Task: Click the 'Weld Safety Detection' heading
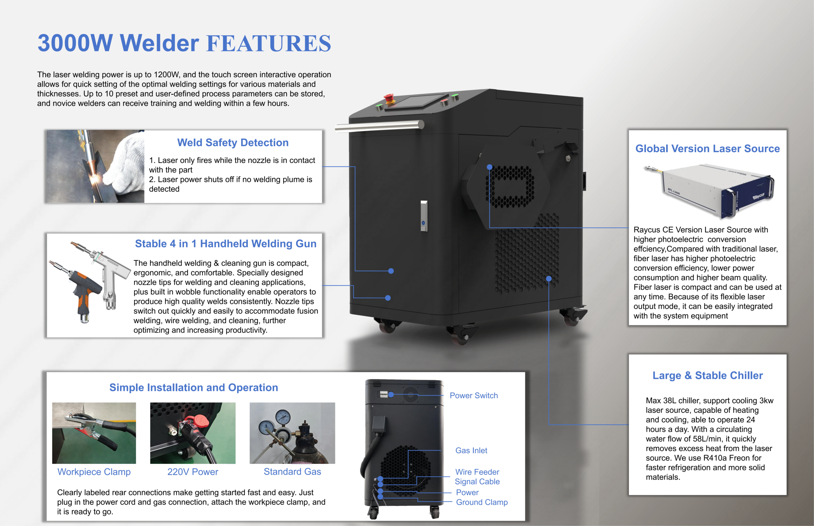pos(233,142)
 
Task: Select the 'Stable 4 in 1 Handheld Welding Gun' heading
pos(226,244)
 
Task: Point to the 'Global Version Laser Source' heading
pos(707,149)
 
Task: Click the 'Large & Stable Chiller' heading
pos(707,375)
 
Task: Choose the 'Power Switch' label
pos(473,395)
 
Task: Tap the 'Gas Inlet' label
pos(471,450)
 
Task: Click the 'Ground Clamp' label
pos(482,502)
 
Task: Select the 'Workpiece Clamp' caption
pos(94,472)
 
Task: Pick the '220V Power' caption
pos(192,472)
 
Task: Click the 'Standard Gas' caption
pos(292,472)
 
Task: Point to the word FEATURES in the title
pos(269,44)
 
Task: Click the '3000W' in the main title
pos(75,44)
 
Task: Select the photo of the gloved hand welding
pos(95,166)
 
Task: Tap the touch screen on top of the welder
pos(417,101)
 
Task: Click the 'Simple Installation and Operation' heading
pos(194,388)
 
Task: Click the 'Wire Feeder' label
pos(477,472)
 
